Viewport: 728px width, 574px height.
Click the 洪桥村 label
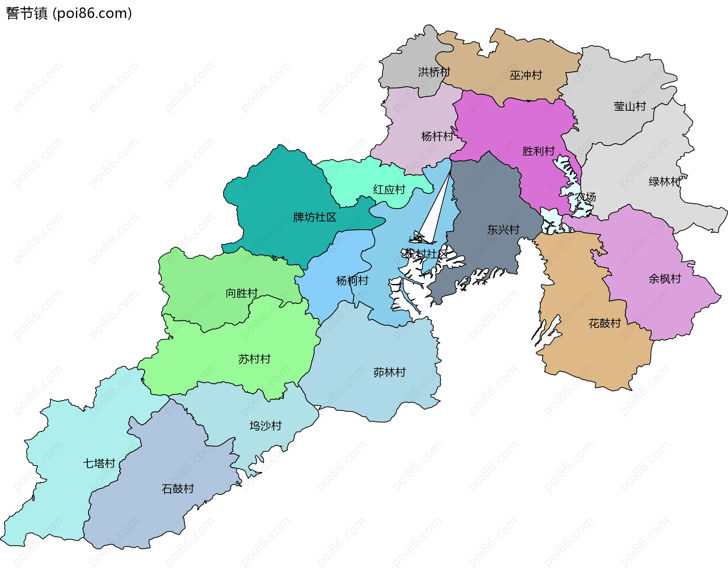coord(434,72)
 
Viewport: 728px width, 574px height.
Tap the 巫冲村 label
coord(526,75)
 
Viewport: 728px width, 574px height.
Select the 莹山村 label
coord(629,107)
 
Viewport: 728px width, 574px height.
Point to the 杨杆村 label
coord(437,136)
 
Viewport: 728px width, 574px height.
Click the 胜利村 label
coord(538,151)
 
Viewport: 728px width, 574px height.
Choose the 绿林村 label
coord(665,182)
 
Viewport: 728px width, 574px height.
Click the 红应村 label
coord(389,190)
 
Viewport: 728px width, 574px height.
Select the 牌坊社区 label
coord(315,217)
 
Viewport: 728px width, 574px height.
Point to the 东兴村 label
coord(503,230)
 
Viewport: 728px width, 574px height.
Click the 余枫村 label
coord(665,279)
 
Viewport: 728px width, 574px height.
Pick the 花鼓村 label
coord(604,323)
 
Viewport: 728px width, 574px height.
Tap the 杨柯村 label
coord(352,281)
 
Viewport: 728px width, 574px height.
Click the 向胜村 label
coord(242,293)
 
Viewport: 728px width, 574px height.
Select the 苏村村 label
coord(254,359)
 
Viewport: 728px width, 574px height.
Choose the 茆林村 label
coord(389,373)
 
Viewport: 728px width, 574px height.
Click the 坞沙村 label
coord(265,426)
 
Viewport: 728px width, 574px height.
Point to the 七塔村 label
coord(99,464)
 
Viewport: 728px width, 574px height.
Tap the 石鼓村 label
coord(177,489)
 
